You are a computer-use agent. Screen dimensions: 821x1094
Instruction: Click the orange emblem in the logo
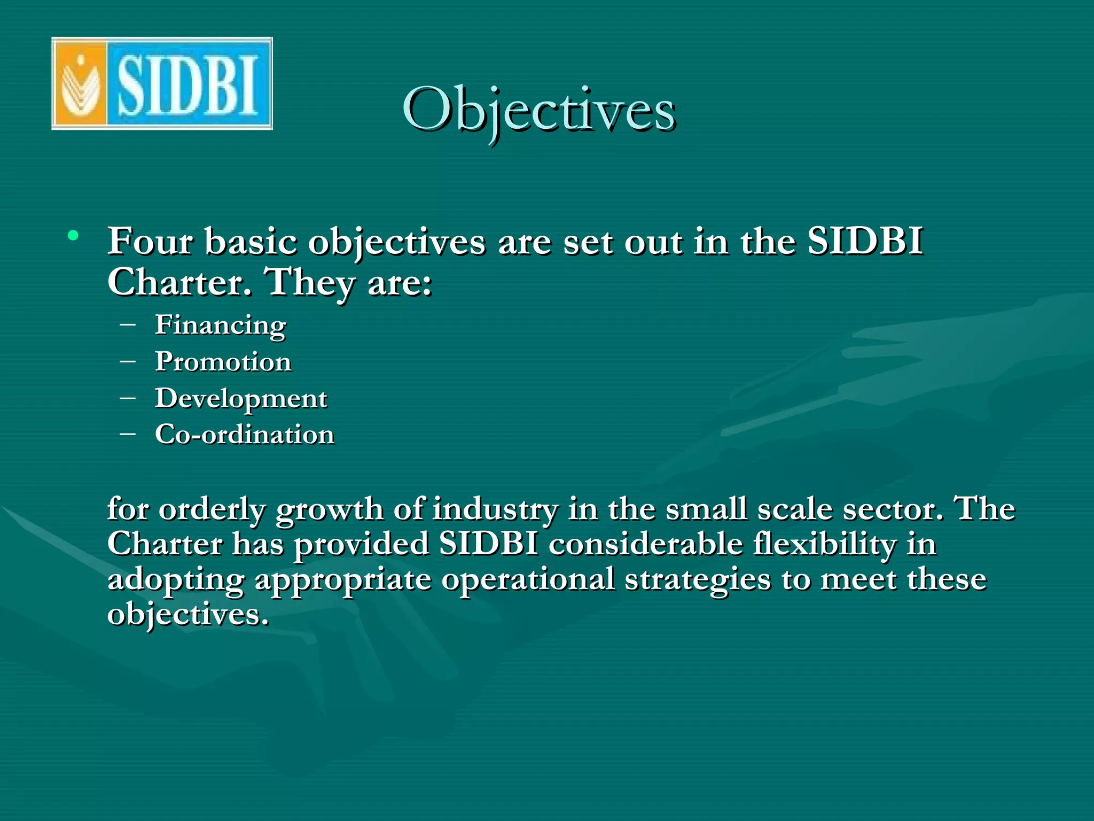coord(80,84)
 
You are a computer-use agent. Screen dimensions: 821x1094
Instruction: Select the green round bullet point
coord(73,236)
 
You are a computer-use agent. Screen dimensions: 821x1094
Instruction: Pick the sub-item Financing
coord(221,326)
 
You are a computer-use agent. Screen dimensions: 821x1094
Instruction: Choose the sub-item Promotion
coord(223,362)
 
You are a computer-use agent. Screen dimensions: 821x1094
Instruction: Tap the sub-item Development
coord(241,399)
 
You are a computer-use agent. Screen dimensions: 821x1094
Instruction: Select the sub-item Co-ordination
coord(245,435)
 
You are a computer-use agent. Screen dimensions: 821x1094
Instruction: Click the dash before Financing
coord(128,324)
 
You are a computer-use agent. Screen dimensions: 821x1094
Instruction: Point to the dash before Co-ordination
coord(128,433)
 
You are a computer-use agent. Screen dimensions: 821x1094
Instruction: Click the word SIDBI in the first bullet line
coord(865,242)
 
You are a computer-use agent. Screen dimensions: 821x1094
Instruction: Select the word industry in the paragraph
coord(495,509)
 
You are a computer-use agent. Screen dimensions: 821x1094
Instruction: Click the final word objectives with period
coord(187,615)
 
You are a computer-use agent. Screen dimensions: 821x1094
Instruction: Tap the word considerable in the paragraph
coord(645,544)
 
